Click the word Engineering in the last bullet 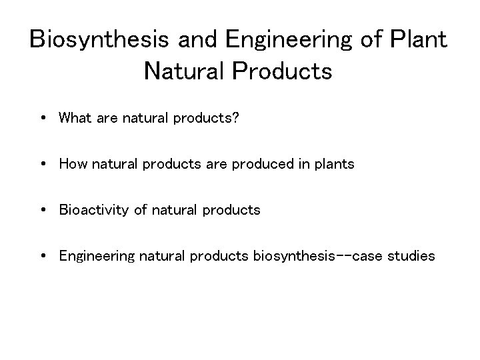tap(97, 255)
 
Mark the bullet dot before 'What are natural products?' tap(42, 119)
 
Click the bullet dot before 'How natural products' tap(42, 165)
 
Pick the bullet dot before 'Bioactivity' tap(42, 210)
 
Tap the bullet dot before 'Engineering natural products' tap(42, 255)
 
